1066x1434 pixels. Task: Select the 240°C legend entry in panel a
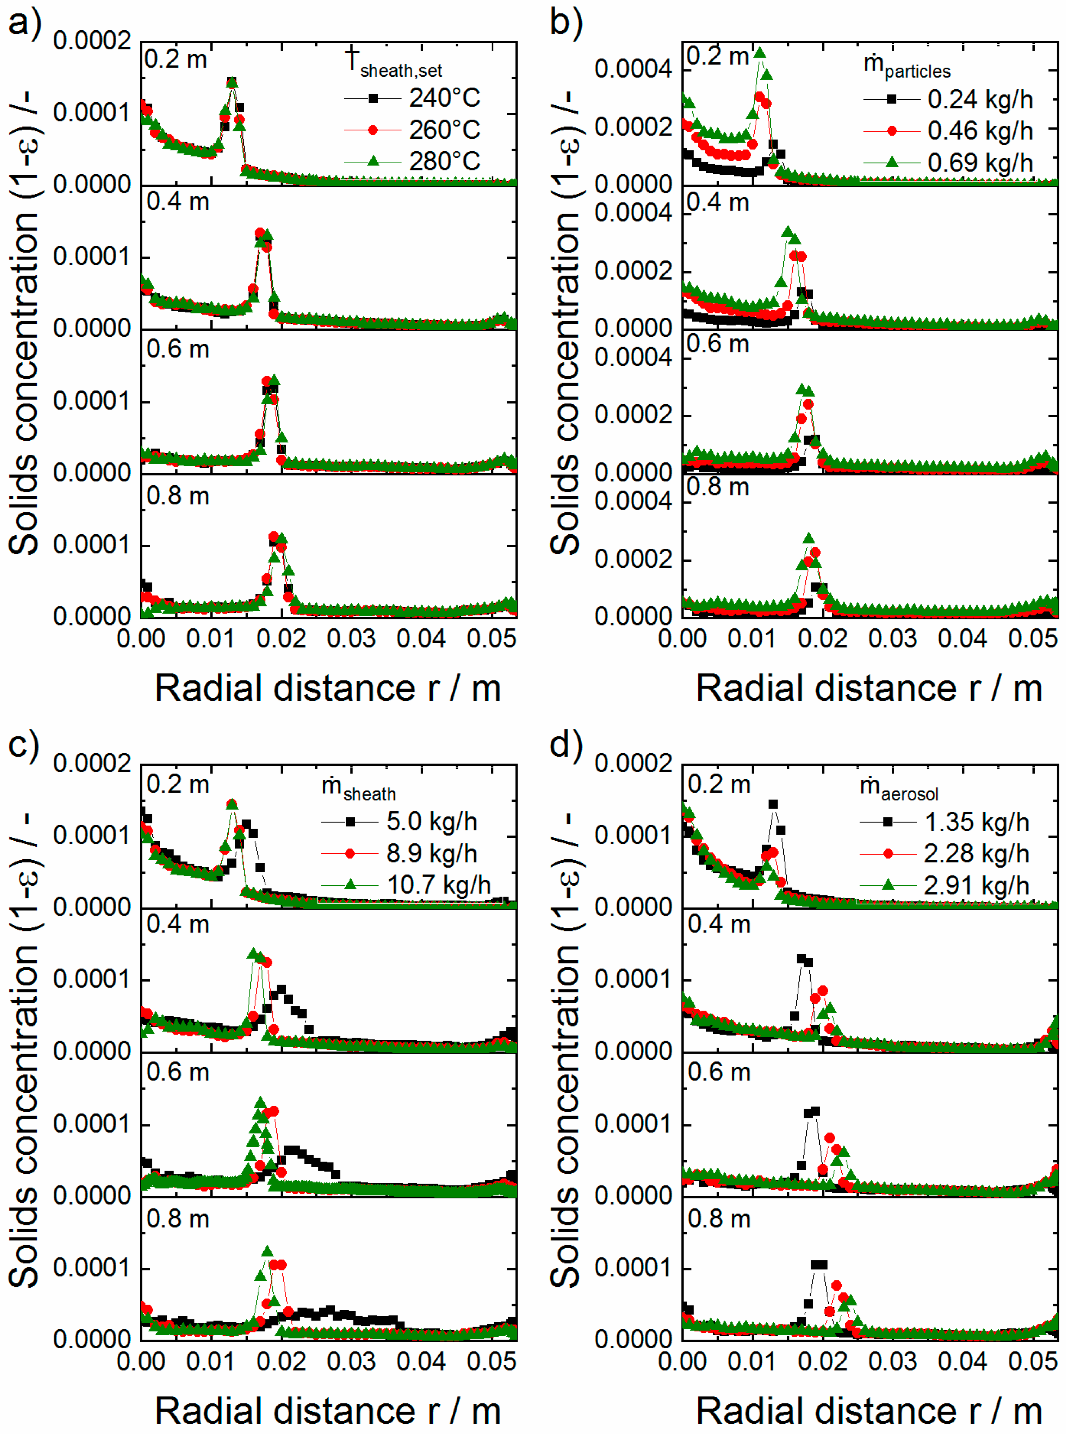(x=444, y=98)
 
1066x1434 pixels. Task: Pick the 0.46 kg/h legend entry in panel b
(x=980, y=131)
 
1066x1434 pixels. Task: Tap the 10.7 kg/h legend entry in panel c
(x=438, y=885)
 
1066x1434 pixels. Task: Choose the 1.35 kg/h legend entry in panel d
(x=976, y=822)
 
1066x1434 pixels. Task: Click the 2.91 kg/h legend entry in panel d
(x=976, y=885)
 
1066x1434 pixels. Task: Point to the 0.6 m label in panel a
(x=178, y=349)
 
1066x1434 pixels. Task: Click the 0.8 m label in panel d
(x=719, y=1219)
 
